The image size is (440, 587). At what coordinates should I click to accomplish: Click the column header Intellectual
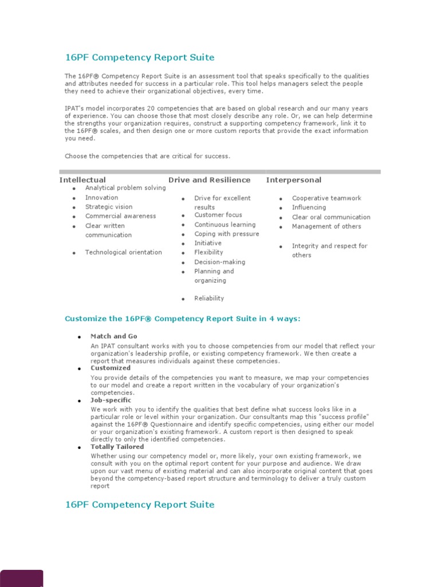coord(82,180)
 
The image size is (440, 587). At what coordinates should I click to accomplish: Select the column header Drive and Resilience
coord(209,180)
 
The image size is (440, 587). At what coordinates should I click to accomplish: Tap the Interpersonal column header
coord(293,180)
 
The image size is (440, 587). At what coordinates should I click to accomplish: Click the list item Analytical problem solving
coord(125,188)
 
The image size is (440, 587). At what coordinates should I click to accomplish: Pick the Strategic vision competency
coord(109,207)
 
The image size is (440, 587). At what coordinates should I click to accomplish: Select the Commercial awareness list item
coord(120,216)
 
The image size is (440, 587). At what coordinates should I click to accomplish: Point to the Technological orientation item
coord(123,252)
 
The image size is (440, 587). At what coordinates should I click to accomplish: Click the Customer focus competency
coord(218,215)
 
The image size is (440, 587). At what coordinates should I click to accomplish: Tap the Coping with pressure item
coord(226,234)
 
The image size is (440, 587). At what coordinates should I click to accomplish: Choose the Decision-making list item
coord(219,262)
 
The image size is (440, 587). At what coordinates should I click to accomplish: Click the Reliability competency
coord(209,298)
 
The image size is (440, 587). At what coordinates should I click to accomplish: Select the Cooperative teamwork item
coord(327,198)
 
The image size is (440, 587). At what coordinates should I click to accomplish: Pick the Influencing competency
coord(309,208)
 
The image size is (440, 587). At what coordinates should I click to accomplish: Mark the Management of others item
coord(327,226)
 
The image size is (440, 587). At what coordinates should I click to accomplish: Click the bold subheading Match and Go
coord(113,336)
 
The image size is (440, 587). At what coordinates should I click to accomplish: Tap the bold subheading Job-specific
coord(111,400)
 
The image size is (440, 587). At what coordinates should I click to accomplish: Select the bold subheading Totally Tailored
coord(117,447)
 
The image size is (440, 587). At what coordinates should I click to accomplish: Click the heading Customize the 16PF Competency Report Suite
coord(182,319)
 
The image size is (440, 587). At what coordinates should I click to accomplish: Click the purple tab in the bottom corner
coord(21,578)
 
